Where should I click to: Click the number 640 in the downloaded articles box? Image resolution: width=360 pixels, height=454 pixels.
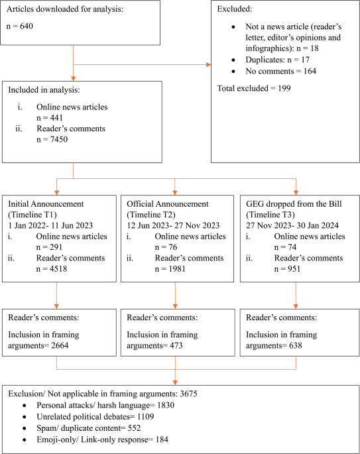[27, 26]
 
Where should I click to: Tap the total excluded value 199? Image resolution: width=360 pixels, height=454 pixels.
[284, 88]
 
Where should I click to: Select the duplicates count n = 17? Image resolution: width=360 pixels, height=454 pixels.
[298, 60]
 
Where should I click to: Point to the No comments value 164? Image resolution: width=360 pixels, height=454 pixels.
[310, 71]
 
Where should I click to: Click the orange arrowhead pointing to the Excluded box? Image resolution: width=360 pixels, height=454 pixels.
[209, 64]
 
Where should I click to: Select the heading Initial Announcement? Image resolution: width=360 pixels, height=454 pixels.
[46, 204]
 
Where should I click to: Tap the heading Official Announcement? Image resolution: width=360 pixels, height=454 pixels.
[167, 204]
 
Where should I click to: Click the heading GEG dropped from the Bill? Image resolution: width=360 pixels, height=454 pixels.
[294, 204]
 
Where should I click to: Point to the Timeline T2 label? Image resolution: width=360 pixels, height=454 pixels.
[151, 215]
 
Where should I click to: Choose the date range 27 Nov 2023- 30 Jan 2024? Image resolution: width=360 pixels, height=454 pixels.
[292, 225]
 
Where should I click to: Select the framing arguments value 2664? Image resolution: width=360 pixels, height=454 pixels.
[60, 345]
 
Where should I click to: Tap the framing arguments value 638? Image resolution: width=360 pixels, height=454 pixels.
[296, 345]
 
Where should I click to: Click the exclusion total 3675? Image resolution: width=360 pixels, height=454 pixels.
[188, 394]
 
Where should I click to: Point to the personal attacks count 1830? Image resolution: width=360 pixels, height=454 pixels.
[166, 406]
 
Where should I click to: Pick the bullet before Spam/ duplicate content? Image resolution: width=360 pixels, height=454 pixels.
[25, 429]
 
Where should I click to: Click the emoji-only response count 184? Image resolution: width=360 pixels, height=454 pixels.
[162, 440]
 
